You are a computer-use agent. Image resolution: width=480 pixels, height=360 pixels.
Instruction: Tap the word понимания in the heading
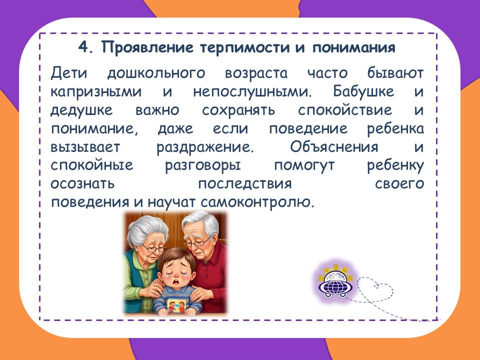(x=354, y=48)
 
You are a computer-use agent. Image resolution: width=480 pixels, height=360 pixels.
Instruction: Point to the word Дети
(x=69, y=73)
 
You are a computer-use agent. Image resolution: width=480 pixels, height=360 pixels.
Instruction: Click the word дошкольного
(x=156, y=73)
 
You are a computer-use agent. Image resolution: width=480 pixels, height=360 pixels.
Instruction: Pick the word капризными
(x=96, y=92)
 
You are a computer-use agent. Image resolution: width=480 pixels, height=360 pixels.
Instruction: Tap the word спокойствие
(x=345, y=110)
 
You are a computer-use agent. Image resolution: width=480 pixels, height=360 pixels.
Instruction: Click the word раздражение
(x=205, y=147)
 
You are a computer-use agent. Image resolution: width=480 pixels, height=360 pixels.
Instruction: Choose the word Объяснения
(x=334, y=146)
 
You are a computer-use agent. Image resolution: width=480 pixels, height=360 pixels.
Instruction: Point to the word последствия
(x=245, y=183)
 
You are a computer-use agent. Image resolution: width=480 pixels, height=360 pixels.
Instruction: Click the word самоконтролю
(x=257, y=202)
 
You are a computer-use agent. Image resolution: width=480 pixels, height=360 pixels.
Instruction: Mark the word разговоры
(x=202, y=165)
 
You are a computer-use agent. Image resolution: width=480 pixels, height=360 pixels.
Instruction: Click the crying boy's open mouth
(x=176, y=280)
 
